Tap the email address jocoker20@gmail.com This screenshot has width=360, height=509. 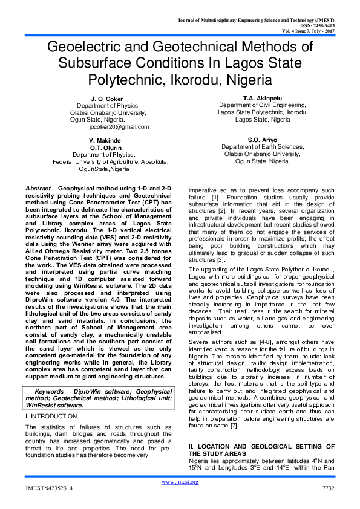pos(119,127)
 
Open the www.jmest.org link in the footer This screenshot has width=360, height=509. pos(180,481)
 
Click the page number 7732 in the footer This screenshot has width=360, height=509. pos(328,488)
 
